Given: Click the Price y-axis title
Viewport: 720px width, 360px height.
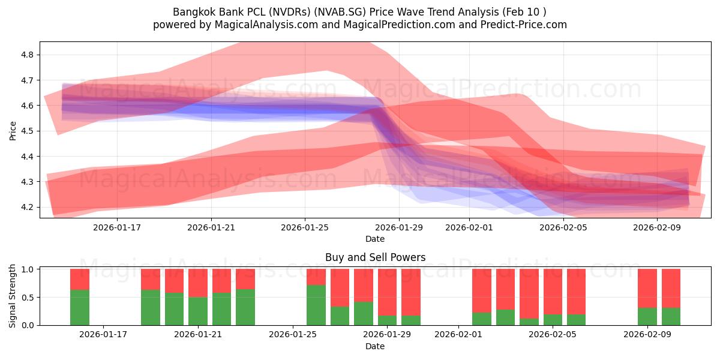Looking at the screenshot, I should [x=13, y=130].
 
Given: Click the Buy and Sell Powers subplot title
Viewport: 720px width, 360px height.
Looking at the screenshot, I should [x=375, y=257].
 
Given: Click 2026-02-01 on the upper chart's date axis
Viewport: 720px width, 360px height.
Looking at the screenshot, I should [x=469, y=228].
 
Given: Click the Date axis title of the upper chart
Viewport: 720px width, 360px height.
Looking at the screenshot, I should [x=375, y=239].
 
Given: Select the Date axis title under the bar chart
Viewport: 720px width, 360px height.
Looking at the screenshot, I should [x=375, y=346].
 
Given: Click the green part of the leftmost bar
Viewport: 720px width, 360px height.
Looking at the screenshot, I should [x=80, y=308].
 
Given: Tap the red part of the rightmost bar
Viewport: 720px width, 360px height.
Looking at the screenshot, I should [x=671, y=288].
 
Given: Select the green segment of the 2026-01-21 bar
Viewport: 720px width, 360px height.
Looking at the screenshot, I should [x=198, y=311].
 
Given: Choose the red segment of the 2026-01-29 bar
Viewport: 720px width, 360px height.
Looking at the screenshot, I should [x=387, y=292].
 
